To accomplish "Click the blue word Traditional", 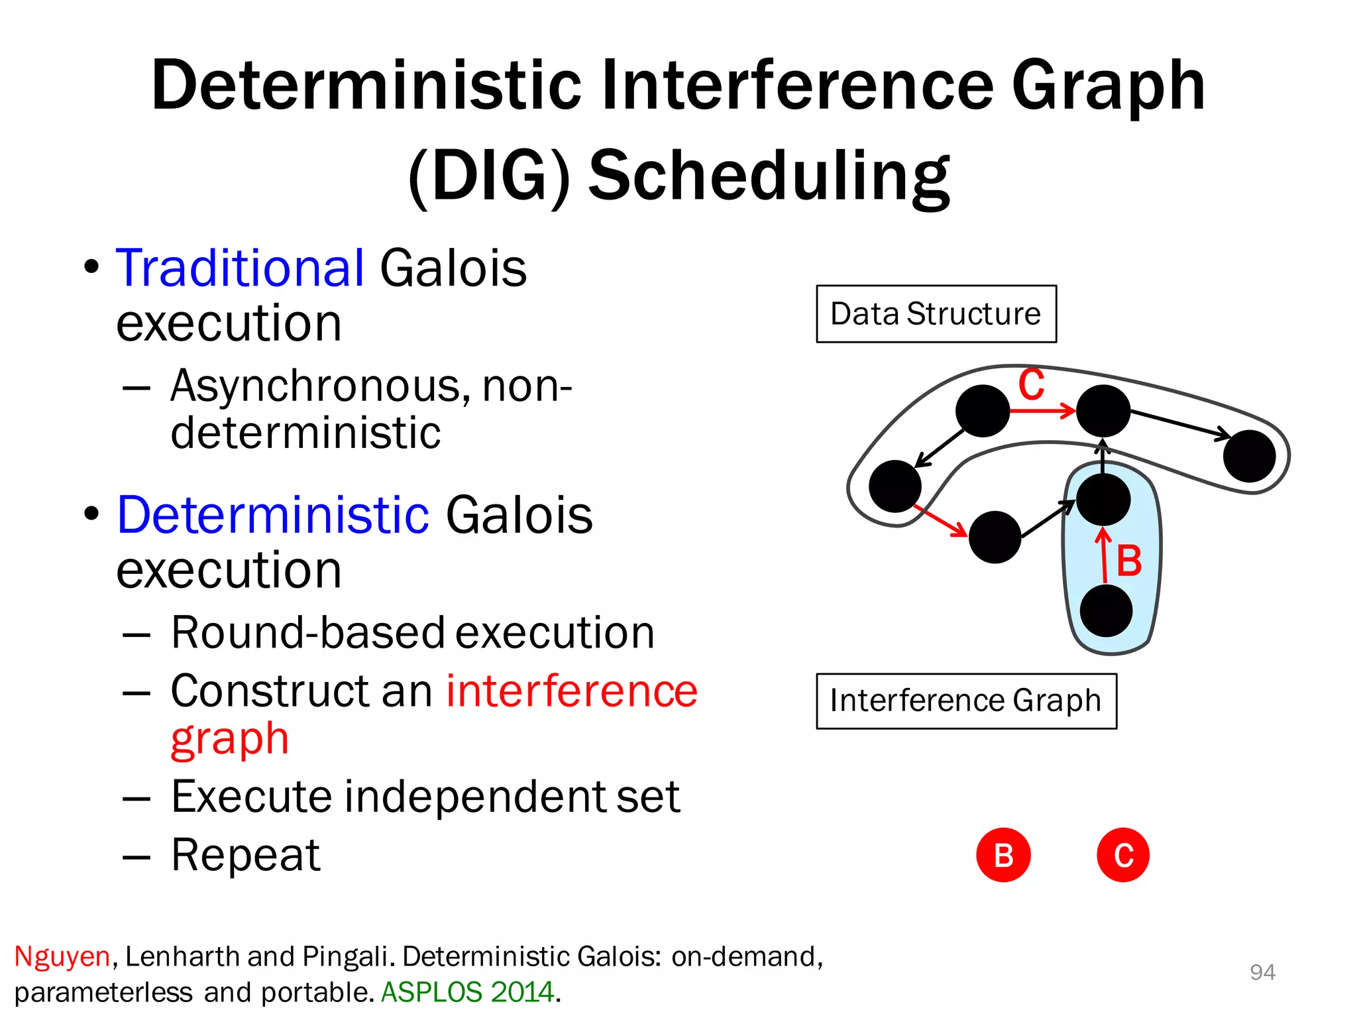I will pyautogui.click(x=240, y=268).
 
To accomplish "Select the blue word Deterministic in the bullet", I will pyautogui.click(x=273, y=515).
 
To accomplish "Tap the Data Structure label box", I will pyautogui.click(x=936, y=314).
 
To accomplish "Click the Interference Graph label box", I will pyautogui.click(x=965, y=701).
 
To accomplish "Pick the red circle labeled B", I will pyautogui.click(x=1003, y=855).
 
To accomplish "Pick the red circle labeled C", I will pyautogui.click(x=1123, y=855).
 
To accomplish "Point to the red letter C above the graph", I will pyautogui.click(x=1031, y=384).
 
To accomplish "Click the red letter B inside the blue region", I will pyautogui.click(x=1129, y=561).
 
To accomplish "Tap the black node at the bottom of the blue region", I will pyautogui.click(x=1106, y=611).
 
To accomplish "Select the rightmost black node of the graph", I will pyautogui.click(x=1249, y=456).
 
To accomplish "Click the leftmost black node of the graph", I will pyautogui.click(x=895, y=486).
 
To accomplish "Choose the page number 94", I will pyautogui.click(x=1262, y=972).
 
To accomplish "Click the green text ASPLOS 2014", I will pyautogui.click(x=468, y=992).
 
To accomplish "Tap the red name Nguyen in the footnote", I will pyautogui.click(x=62, y=956).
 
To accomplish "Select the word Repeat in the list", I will pyautogui.click(x=246, y=855).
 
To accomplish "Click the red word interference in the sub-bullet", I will pyautogui.click(x=572, y=691).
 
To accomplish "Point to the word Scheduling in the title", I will pyautogui.click(x=769, y=176).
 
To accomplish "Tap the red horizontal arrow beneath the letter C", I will pyautogui.click(x=1042, y=411).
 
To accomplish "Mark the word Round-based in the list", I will pyautogui.click(x=308, y=632).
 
